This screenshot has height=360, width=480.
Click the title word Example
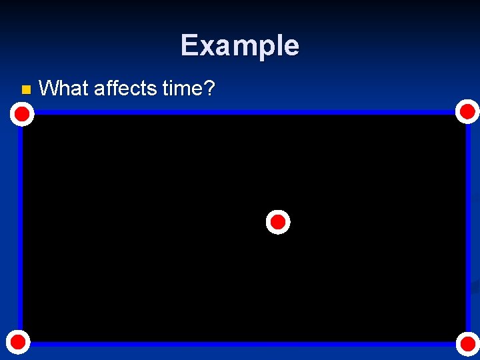pyautogui.click(x=239, y=45)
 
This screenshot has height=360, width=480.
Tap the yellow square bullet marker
pyautogui.click(x=25, y=89)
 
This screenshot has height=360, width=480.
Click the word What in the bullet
pyautogui.click(x=64, y=88)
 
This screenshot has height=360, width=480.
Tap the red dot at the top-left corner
pyautogui.click(x=22, y=115)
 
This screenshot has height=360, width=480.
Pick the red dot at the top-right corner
pyautogui.click(x=467, y=111)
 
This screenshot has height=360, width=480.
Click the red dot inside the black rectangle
pyautogui.click(x=278, y=222)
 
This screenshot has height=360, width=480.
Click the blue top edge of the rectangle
pyautogui.click(x=240, y=112)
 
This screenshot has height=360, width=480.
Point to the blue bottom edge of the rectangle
pyautogui.click(x=240, y=344)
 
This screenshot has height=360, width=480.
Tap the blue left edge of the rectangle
pyautogui.click(x=21, y=227)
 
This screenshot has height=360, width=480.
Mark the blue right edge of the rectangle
pyautogui.click(x=468, y=227)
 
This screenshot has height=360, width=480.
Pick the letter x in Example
pyautogui.click(x=206, y=47)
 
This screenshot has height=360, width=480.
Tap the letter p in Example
pyautogui.click(x=265, y=48)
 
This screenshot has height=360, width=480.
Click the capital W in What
pyautogui.click(x=49, y=88)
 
